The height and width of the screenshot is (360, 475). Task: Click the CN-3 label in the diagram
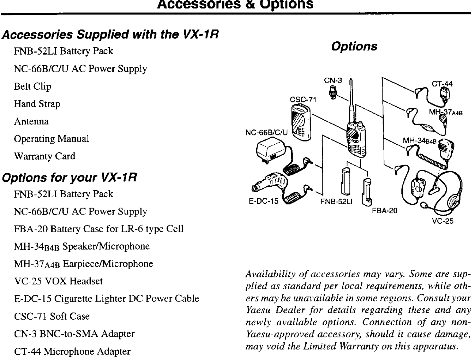pyautogui.click(x=333, y=81)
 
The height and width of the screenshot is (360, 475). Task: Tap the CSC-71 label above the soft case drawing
pyautogui.click(x=303, y=99)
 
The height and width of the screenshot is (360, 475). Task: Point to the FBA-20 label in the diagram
pyautogui.click(x=385, y=210)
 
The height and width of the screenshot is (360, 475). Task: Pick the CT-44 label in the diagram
pyautogui.click(x=442, y=84)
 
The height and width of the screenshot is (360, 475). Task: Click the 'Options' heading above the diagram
pyautogui.click(x=354, y=47)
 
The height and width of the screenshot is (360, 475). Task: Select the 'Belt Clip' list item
pyautogui.click(x=32, y=87)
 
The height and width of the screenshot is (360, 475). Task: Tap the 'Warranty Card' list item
pyautogui.click(x=45, y=156)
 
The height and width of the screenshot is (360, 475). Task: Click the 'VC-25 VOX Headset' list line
pyautogui.click(x=58, y=281)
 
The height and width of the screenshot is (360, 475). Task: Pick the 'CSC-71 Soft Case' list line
pyautogui.click(x=52, y=316)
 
